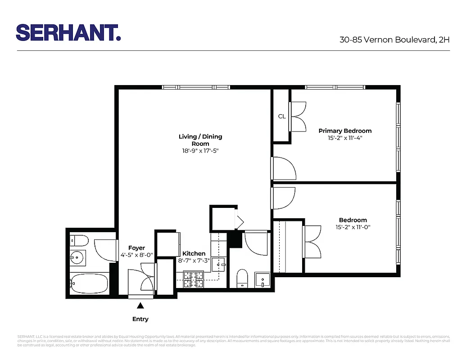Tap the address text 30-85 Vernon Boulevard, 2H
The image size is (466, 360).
(x=394, y=40)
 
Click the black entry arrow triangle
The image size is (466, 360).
(x=140, y=306)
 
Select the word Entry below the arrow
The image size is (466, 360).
(x=140, y=319)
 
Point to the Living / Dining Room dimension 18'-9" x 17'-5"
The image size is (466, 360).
(x=200, y=152)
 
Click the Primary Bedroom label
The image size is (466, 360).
(x=345, y=131)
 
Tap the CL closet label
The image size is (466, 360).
(x=282, y=117)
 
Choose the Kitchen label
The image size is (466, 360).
(x=194, y=254)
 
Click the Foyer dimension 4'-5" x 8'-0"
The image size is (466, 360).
(x=137, y=255)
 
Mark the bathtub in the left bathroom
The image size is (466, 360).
(x=89, y=283)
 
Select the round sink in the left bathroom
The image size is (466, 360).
(x=77, y=258)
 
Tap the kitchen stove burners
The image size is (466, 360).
(x=194, y=280)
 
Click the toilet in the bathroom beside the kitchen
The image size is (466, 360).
(x=242, y=278)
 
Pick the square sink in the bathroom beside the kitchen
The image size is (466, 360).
(x=262, y=280)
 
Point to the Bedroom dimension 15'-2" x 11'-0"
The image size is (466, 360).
(x=353, y=228)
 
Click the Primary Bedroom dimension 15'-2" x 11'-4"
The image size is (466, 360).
(x=345, y=138)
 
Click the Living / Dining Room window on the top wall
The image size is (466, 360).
(x=196, y=87)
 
